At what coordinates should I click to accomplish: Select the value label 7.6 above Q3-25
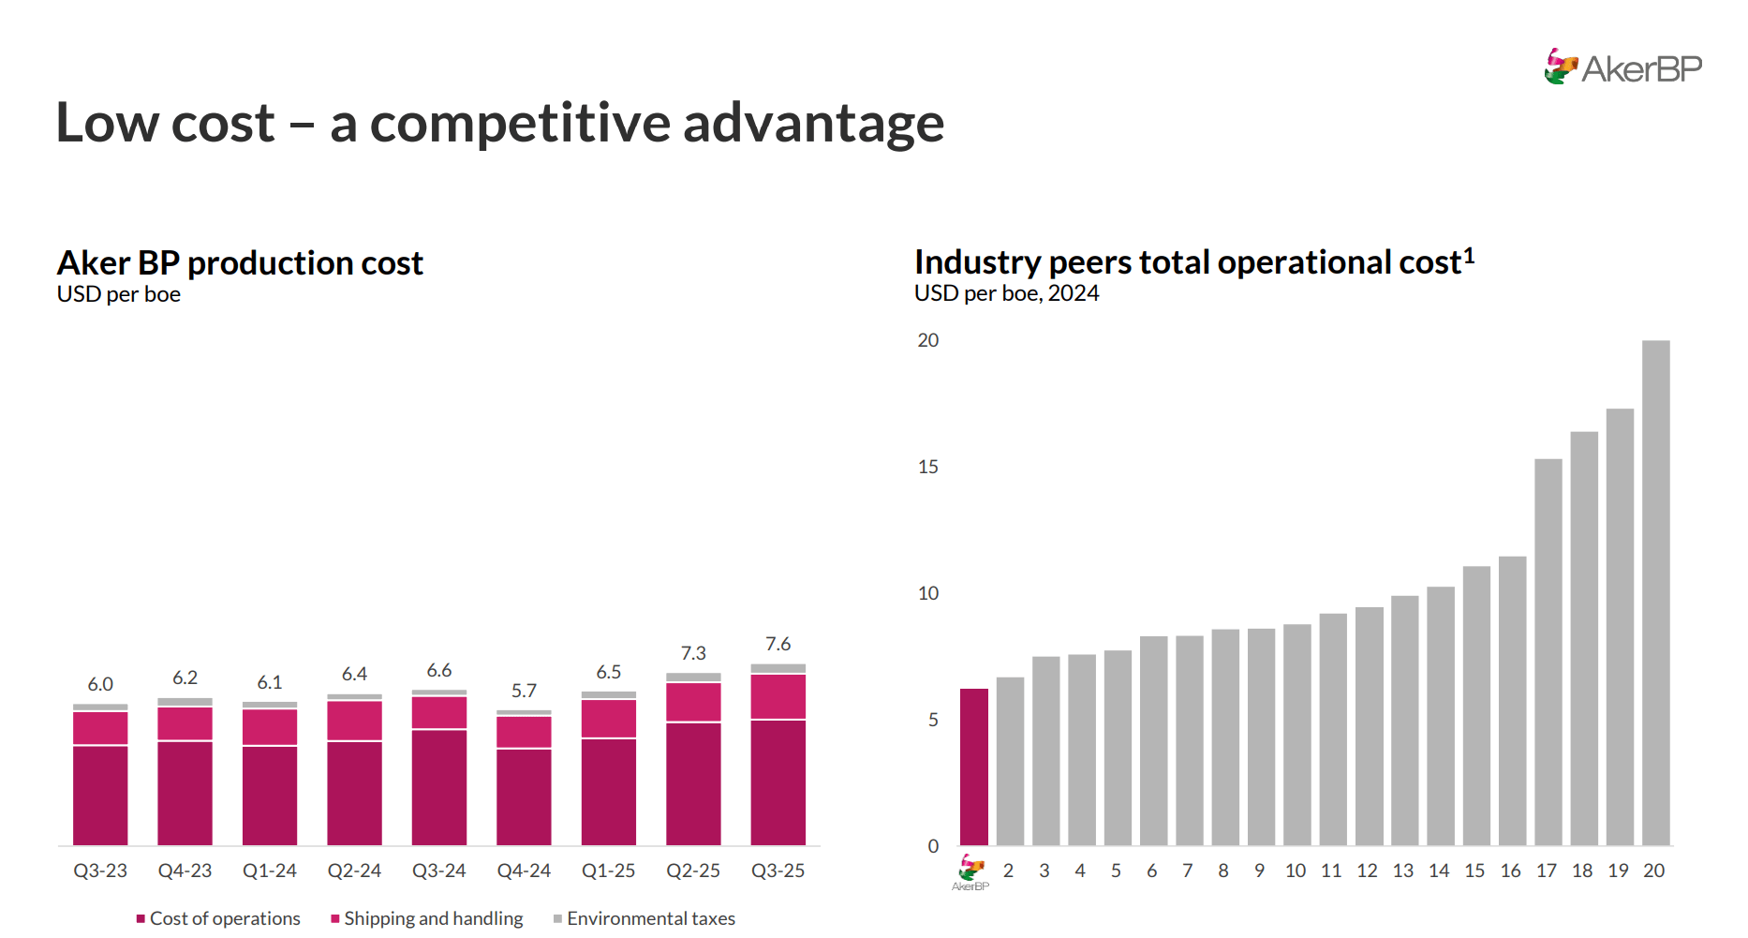click(778, 644)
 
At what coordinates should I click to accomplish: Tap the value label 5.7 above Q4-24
click(524, 691)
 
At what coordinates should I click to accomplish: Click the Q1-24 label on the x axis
click(269, 871)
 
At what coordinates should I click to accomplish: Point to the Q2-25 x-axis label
click(692, 871)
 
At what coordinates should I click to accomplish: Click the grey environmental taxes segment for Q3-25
click(778, 668)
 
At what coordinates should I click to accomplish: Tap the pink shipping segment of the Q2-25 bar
click(693, 702)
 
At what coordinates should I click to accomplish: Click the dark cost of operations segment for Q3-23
click(100, 796)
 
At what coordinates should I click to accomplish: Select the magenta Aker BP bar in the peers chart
click(973, 767)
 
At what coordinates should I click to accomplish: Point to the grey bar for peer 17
click(1548, 651)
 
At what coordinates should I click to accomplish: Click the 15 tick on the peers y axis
click(927, 467)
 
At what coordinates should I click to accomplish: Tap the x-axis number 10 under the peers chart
click(1295, 871)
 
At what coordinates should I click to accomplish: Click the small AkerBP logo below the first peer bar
click(970, 872)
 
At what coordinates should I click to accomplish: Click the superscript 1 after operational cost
click(1469, 255)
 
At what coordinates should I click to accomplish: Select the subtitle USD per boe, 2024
click(1006, 293)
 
